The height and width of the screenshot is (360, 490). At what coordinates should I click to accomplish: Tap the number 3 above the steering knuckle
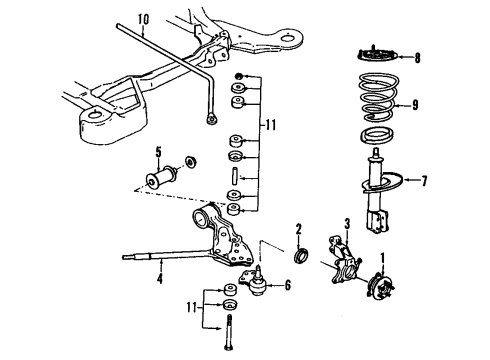(346, 222)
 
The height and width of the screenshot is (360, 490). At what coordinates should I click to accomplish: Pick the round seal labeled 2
(298, 261)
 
